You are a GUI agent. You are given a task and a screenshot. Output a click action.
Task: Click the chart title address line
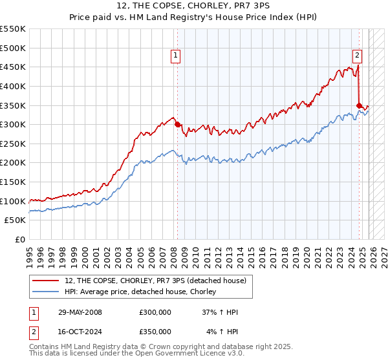click(x=193, y=6)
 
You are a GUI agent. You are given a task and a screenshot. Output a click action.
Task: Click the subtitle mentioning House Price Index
click(x=193, y=17)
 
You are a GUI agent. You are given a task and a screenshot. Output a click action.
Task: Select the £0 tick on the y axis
click(x=21, y=239)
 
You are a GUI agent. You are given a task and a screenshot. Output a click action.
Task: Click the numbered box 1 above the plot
click(x=176, y=56)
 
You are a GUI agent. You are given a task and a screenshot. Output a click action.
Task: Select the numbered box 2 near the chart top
click(x=357, y=56)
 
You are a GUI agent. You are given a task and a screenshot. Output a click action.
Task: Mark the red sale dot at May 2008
click(x=177, y=124)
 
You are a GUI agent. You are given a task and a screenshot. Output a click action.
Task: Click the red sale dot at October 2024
click(x=360, y=105)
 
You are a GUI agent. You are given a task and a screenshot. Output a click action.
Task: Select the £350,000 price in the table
click(x=155, y=332)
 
